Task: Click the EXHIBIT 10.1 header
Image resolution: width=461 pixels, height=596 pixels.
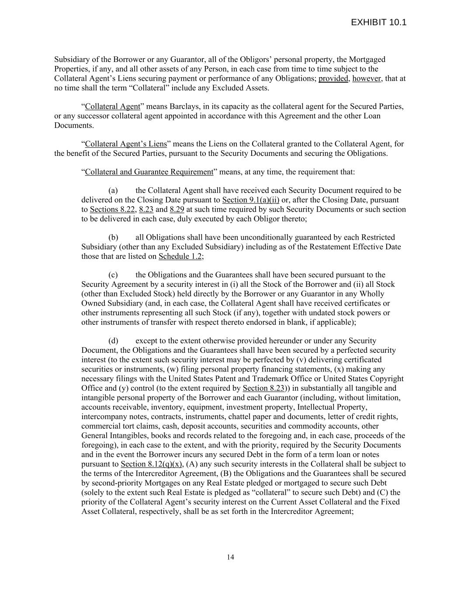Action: [378, 22]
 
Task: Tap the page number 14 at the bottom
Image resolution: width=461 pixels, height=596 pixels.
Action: [231, 557]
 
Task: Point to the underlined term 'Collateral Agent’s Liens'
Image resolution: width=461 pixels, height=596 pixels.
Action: [126, 144]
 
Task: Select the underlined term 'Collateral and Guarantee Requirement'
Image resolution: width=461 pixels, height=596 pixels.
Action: [149, 172]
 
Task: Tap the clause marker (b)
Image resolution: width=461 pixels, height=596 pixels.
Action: [113, 238]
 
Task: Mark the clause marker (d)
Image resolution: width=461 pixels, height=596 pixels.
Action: [113, 341]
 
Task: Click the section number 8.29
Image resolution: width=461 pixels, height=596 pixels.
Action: [177, 210]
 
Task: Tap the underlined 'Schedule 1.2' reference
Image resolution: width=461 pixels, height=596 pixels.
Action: [180, 256]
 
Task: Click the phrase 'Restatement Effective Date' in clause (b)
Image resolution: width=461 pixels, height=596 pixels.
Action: [357, 247]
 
